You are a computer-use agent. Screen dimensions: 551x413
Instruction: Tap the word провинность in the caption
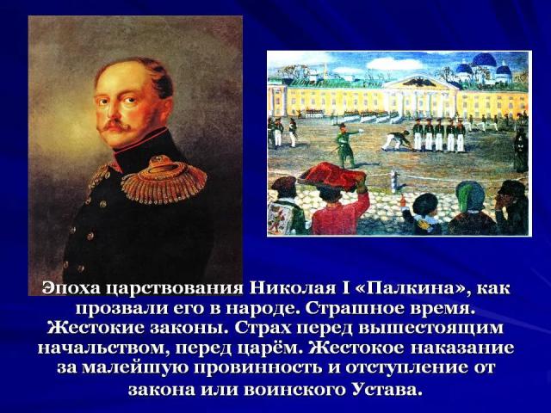pos(260,369)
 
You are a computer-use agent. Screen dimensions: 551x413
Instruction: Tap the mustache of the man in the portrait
pos(115,125)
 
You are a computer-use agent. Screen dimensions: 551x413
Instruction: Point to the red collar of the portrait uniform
pos(140,139)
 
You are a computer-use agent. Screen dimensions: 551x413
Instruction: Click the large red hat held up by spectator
pos(331,176)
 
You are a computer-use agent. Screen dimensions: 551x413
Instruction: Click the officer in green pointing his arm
pos(344,145)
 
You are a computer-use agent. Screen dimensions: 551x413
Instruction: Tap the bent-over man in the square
pos(396,140)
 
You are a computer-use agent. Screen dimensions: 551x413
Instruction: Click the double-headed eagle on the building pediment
pos(419,83)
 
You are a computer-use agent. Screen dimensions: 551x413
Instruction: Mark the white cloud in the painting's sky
pos(393,63)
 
